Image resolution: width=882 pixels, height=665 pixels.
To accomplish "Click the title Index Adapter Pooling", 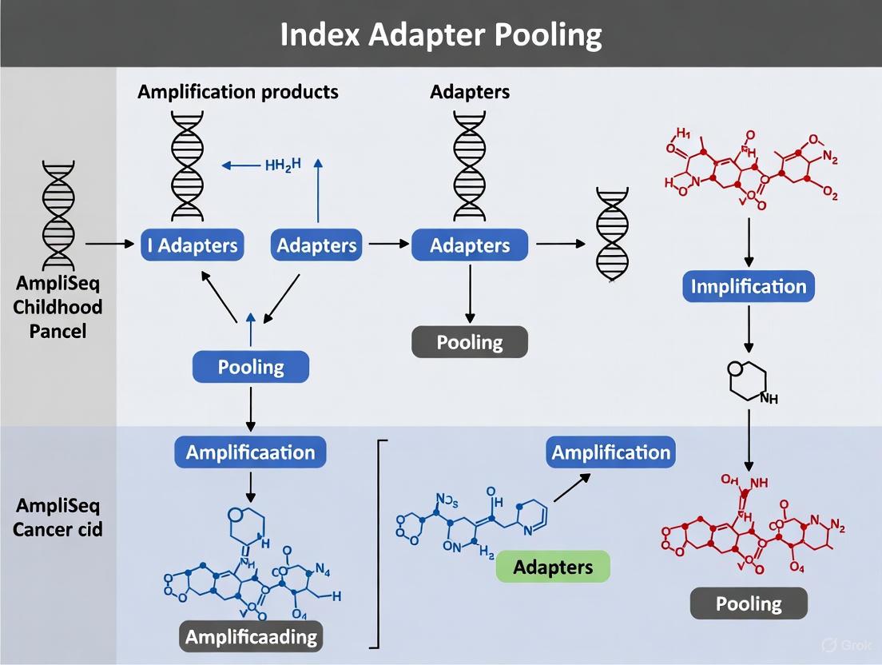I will tap(441, 35).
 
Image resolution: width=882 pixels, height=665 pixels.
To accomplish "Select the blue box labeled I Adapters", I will tap(193, 245).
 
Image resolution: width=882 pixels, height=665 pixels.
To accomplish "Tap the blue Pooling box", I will tap(251, 367).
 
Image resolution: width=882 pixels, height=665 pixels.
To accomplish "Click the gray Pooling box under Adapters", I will tap(470, 342).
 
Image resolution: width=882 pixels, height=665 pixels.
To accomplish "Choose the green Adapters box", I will tap(553, 567).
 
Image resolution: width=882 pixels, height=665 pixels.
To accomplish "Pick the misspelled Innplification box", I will tap(749, 286).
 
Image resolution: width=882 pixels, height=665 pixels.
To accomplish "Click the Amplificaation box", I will tap(250, 452).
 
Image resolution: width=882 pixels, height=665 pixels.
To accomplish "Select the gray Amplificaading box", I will tap(252, 636).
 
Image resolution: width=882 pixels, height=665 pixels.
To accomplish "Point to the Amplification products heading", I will tap(238, 92).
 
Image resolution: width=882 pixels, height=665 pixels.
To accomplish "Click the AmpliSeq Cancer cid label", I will tap(58, 517).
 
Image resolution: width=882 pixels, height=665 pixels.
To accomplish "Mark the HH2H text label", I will tap(283, 165).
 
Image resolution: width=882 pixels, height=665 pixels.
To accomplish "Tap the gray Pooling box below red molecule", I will tap(749, 603).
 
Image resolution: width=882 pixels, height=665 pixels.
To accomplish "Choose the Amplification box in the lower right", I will tap(610, 452).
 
